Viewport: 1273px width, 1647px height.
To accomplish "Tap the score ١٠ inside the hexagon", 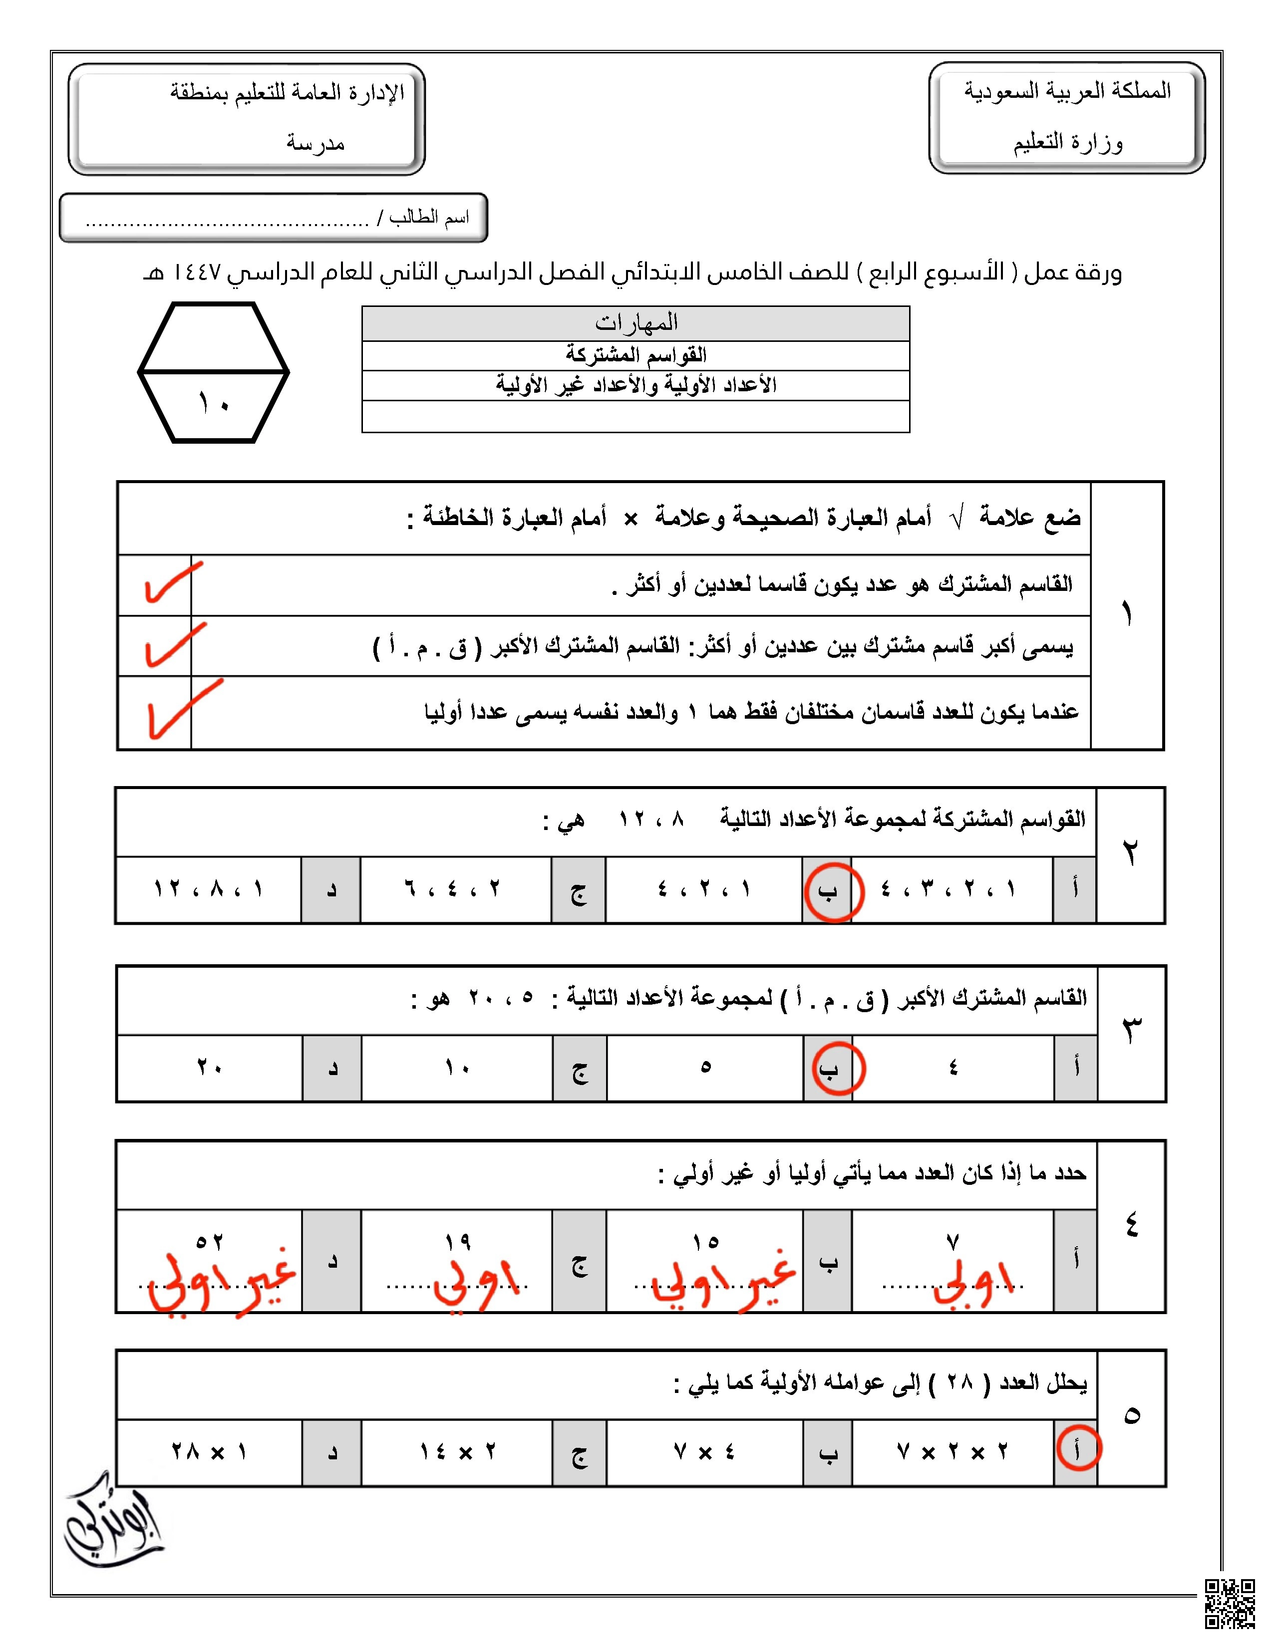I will (214, 404).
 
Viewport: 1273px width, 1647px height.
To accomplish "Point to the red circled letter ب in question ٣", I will (830, 1070).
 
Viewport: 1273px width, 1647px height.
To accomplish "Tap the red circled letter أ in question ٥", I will (1078, 1448).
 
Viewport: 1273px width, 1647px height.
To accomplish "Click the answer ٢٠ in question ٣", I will (209, 1068).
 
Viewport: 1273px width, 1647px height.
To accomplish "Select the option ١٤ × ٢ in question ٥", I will (457, 1452).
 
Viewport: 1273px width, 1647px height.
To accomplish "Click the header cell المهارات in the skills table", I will (636, 323).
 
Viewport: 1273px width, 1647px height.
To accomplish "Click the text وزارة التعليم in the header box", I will (1067, 143).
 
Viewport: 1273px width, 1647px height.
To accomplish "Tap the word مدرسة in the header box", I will (315, 143).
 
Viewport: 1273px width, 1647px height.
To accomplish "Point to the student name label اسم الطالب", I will (428, 218).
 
